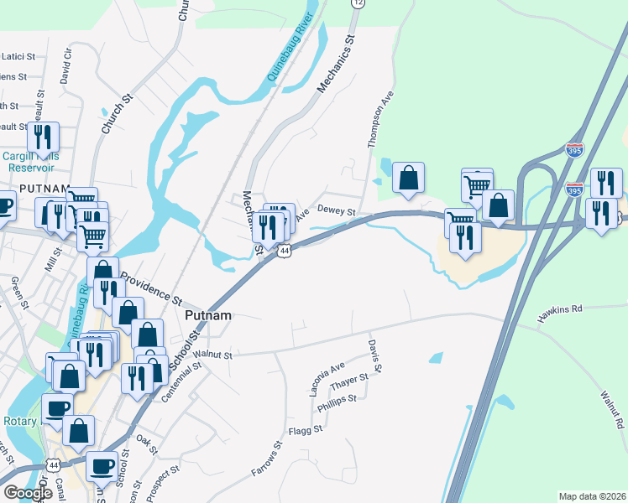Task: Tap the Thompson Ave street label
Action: [379, 122]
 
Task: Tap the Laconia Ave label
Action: [327, 379]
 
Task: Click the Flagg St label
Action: [306, 430]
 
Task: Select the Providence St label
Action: [151, 287]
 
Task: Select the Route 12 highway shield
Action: [358, 3]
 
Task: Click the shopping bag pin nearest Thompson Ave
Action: [408, 179]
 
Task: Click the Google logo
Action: [29, 493]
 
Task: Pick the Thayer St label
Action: [351, 382]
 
